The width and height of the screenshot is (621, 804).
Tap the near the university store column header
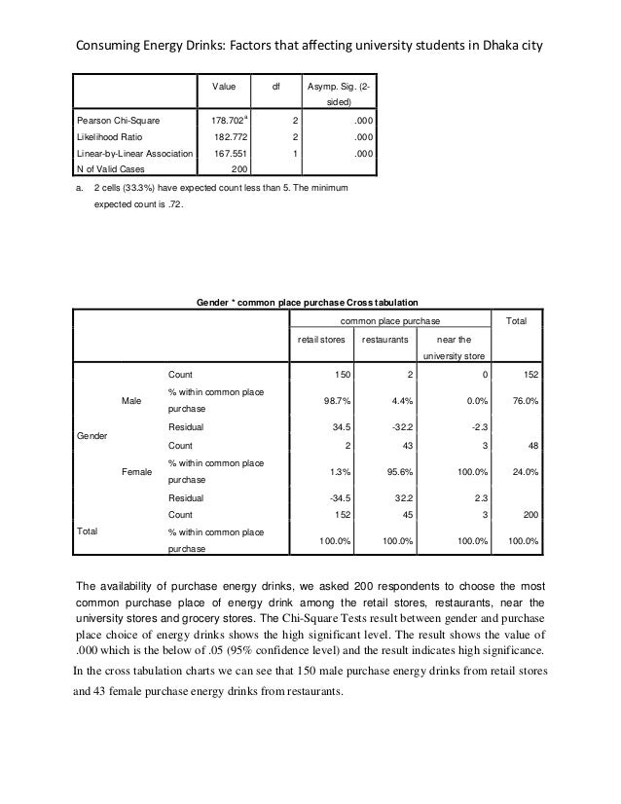tap(456, 348)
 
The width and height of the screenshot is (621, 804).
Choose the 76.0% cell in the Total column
tap(526, 400)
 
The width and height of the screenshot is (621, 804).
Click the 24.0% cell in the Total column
tap(526, 471)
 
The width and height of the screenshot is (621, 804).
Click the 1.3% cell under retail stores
tap(338, 471)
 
